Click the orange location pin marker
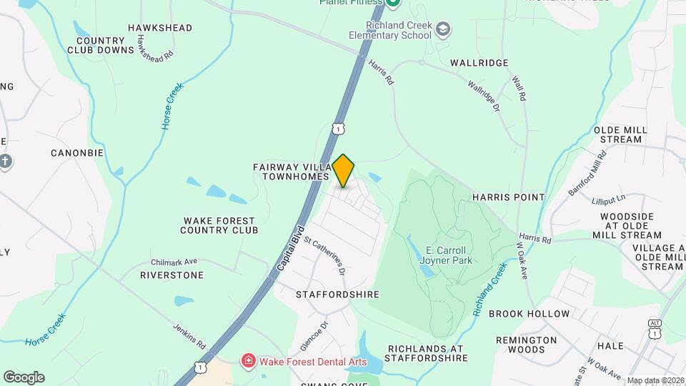coord(344,170)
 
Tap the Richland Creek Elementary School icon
coord(443,29)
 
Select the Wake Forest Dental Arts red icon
coord(249,361)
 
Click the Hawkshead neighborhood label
coord(160,28)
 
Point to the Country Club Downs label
coord(101,45)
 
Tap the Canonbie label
coord(77,153)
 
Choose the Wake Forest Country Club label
coord(219,225)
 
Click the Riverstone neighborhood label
coord(171,275)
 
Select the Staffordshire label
coord(338,295)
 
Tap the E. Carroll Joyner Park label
coord(446,255)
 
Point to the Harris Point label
coord(508,197)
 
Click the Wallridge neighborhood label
coord(479,63)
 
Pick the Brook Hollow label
coord(529,314)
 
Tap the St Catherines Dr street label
coord(325,256)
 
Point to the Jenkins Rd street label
coord(189,335)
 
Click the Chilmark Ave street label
coord(174,262)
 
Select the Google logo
coord(24,377)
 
